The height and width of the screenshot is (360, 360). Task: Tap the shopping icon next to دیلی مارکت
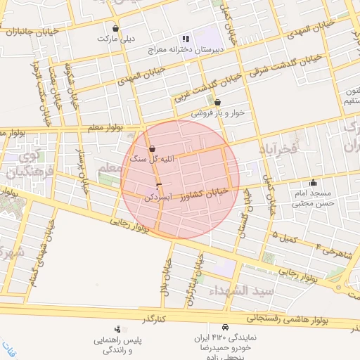coord(115,29)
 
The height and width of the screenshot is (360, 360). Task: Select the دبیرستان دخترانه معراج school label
coord(184,51)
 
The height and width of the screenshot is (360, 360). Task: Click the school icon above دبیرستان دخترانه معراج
coord(185,39)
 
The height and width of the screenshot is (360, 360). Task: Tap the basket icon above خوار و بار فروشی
coord(217,102)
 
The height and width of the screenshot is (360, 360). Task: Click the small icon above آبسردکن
coord(157,186)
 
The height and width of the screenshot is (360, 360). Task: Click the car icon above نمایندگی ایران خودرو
coord(224,328)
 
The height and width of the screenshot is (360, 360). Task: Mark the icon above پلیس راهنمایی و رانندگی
coord(117,328)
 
